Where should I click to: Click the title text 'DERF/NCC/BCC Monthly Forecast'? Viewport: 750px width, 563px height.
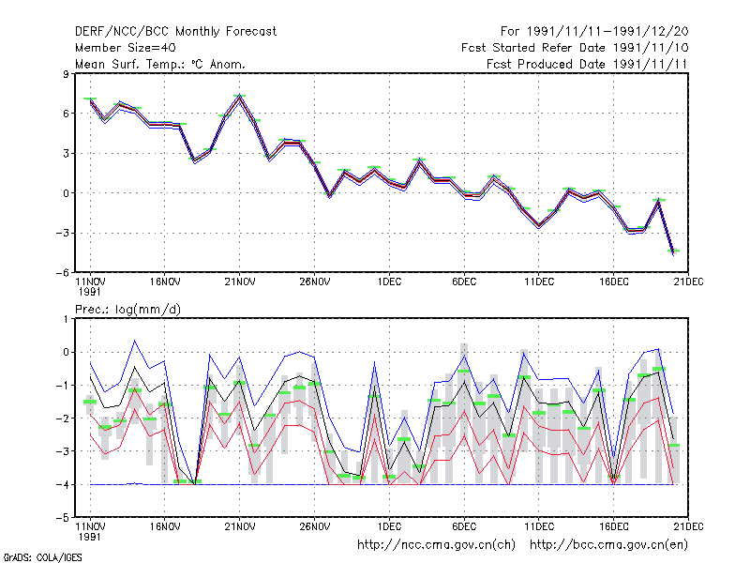click(175, 32)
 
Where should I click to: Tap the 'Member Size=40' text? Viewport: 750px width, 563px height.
click(126, 48)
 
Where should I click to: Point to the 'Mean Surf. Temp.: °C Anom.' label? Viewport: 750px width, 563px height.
click(160, 64)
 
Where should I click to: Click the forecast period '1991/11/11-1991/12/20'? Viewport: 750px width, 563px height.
click(607, 32)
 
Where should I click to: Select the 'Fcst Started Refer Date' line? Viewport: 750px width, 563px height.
click(533, 48)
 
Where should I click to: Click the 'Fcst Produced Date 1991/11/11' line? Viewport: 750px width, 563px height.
click(587, 64)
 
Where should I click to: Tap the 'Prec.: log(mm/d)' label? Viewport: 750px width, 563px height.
click(127, 310)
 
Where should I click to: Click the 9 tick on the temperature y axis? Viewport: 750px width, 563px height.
click(66, 74)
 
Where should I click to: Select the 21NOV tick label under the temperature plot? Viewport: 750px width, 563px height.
click(240, 282)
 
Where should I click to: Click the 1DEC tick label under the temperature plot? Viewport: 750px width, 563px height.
click(389, 282)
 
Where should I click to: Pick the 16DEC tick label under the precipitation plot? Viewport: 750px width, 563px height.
click(614, 526)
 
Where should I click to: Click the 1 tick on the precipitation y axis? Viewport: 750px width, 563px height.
click(66, 319)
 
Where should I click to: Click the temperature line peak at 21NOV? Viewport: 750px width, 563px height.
click(240, 98)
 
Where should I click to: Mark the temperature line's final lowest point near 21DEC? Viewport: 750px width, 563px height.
click(673, 252)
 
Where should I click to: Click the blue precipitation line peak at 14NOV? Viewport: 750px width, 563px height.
click(135, 341)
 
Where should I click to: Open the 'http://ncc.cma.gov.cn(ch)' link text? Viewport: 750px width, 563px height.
click(437, 545)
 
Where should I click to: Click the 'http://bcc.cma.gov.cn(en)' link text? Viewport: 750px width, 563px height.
click(609, 545)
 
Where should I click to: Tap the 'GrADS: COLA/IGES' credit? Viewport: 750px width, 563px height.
click(42, 557)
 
